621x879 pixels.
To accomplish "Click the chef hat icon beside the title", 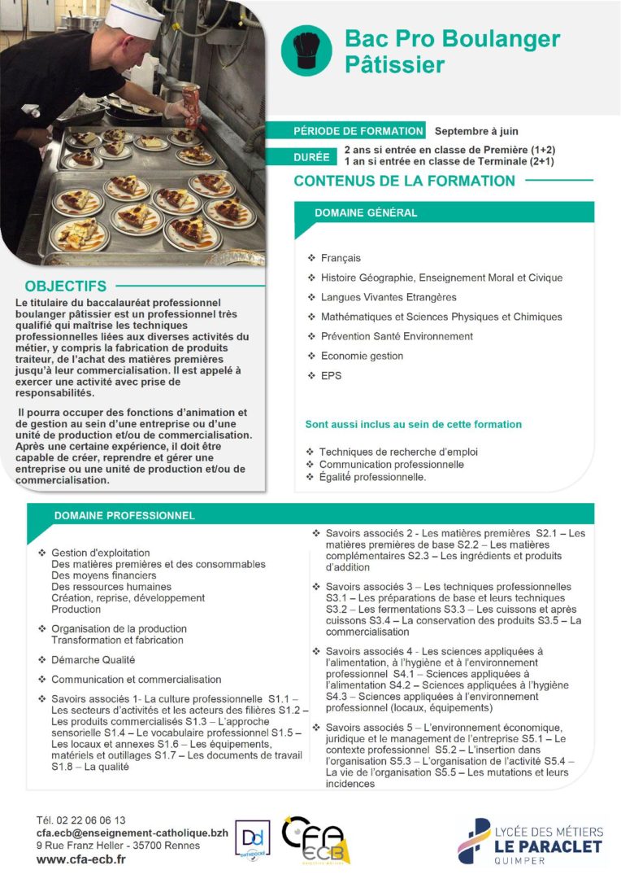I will click(306, 50).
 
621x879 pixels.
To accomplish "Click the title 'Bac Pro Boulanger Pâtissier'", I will click(452, 50).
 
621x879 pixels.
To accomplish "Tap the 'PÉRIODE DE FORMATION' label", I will click(358, 131).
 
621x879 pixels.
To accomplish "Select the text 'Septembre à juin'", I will click(476, 131).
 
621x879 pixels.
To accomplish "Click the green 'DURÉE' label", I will click(313, 156).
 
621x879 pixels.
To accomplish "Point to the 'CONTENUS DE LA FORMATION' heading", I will click(404, 181).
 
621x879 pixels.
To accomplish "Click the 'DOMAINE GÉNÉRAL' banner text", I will click(366, 213).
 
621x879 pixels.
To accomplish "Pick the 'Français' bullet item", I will click(341, 258).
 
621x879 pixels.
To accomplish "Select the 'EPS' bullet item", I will click(331, 375).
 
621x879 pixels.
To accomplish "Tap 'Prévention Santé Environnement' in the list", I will click(397, 336).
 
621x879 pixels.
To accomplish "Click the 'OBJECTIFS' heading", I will click(65, 286).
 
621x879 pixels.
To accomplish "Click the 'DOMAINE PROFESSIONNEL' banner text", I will click(124, 515).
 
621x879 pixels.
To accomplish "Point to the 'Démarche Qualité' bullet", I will click(93, 660).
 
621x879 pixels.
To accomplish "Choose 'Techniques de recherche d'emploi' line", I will click(398, 452).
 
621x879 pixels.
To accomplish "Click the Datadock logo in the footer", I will click(252, 839).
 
